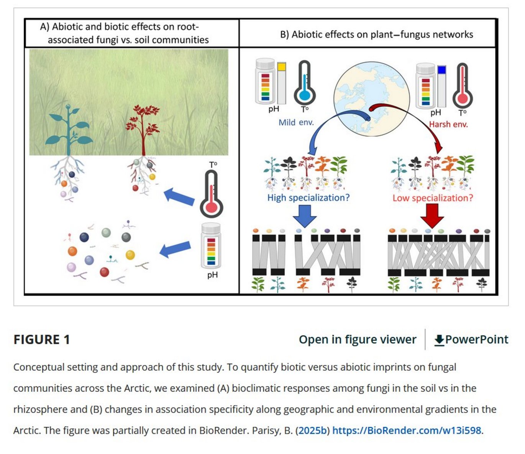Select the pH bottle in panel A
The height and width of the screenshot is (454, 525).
coord(211,245)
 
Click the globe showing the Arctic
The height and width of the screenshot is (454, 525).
coord(371,99)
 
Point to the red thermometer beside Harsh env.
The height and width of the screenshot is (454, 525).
coord(463,86)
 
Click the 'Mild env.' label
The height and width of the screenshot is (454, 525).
coord(296,123)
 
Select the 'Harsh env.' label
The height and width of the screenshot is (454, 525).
coord(448,124)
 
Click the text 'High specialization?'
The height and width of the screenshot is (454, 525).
coord(308,198)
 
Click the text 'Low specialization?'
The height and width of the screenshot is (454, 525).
coord(433,198)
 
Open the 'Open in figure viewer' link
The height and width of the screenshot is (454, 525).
coord(357,339)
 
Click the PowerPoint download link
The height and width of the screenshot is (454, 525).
coord(471,339)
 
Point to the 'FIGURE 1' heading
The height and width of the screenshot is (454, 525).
coord(42,339)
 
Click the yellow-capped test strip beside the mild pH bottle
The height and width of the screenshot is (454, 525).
coord(282,82)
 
